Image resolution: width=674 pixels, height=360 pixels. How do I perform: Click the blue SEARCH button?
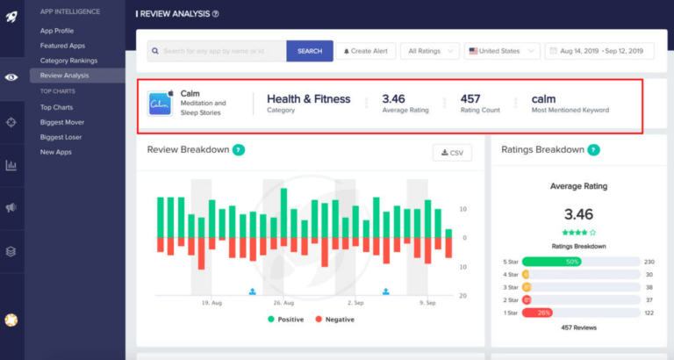[310, 51]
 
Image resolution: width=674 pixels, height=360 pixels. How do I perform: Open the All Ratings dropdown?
[430, 51]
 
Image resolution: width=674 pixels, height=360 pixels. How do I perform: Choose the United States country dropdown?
[502, 51]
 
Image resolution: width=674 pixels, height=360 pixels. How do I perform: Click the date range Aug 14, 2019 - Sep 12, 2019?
[599, 51]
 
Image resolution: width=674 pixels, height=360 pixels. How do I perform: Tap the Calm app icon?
[160, 104]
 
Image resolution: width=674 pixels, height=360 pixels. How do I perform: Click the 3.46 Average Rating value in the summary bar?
[393, 99]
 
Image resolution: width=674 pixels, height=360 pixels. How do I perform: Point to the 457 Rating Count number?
[470, 99]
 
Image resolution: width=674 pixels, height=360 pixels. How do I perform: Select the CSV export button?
[452, 153]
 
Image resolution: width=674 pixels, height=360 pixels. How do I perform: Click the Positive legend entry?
[285, 320]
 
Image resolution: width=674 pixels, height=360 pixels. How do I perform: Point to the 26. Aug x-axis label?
[283, 303]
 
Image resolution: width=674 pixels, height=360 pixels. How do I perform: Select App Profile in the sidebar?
[57, 31]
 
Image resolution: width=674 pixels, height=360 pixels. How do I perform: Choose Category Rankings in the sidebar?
[68, 61]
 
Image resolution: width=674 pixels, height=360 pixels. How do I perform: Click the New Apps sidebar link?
[55, 152]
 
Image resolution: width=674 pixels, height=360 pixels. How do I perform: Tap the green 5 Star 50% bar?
[550, 262]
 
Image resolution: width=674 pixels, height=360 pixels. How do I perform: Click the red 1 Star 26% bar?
[536, 313]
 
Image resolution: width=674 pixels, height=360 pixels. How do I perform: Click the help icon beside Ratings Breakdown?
[593, 150]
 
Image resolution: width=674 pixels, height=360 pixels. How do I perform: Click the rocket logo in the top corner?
[11, 16]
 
